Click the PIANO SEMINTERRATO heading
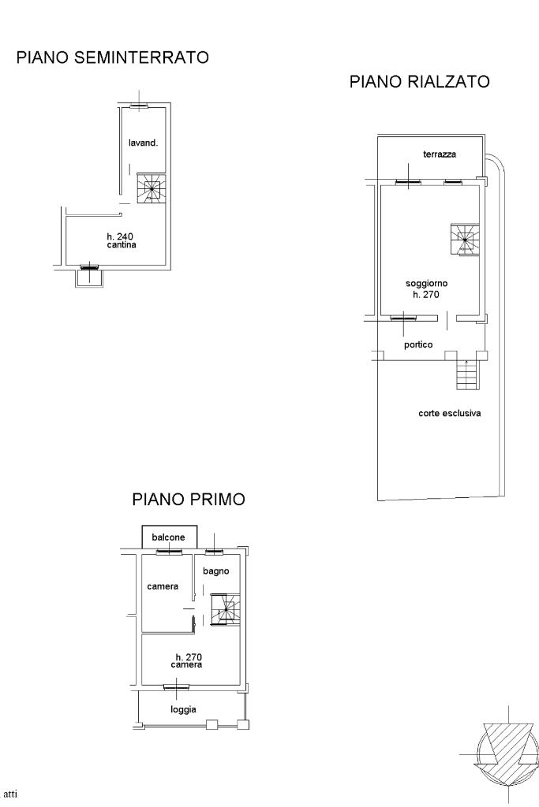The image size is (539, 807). coord(112,57)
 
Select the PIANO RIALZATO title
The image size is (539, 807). coord(420,82)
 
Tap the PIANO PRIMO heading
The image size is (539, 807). coord(189,499)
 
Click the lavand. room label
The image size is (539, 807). coord(144,143)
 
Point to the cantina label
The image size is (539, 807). coord(122,245)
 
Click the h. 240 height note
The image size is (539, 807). coord(120,236)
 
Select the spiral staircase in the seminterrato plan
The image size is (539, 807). coord(151,188)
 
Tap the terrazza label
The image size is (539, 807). coord(440,154)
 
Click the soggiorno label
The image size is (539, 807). coord(427,284)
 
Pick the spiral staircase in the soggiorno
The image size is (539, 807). coord(465,240)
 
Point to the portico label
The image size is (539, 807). coord(418,345)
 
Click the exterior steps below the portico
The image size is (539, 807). coord(467,374)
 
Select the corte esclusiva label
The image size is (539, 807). coord(450,413)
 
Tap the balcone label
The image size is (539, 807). coord(169,537)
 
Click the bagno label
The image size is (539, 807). coord(216,571)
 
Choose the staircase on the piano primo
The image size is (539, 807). coord(225,610)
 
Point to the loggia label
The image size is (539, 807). coord(183,710)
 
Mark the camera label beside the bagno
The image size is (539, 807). coord(163,586)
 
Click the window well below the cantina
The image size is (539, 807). coord(89,278)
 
